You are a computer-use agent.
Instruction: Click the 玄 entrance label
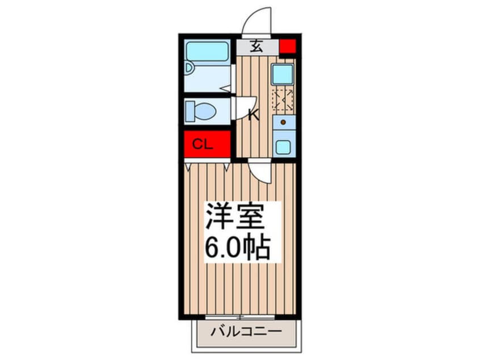[256, 47]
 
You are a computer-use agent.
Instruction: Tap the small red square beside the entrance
[288, 46]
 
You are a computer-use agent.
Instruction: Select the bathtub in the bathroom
[208, 51]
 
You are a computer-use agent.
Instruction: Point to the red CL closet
[207, 144]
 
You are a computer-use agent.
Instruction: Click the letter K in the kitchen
[254, 115]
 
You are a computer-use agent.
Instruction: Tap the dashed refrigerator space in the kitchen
[283, 100]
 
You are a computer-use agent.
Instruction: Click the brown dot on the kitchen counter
[283, 122]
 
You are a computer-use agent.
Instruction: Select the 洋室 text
[235, 216]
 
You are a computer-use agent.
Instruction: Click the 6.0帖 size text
[238, 247]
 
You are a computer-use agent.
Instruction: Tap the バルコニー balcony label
[246, 332]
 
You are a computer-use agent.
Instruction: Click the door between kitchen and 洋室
[260, 172]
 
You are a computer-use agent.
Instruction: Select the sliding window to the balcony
[239, 317]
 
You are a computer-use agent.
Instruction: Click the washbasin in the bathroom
[189, 68]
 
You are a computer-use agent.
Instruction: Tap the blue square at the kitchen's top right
[283, 74]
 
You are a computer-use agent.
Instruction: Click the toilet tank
[190, 111]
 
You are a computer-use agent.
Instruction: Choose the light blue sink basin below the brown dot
[284, 148]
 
